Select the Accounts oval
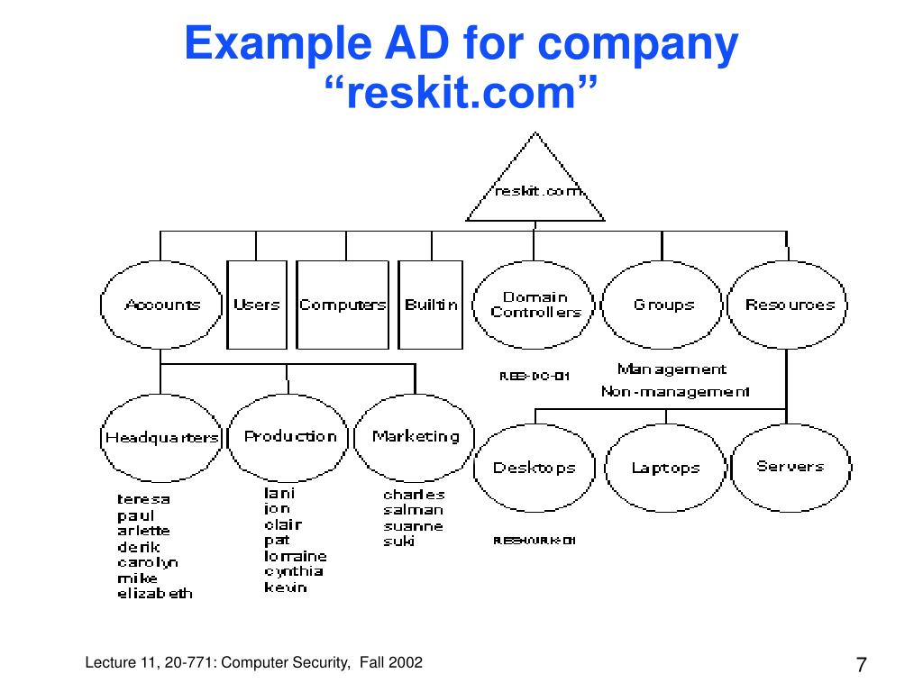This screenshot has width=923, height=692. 162,305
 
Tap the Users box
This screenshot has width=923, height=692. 257,305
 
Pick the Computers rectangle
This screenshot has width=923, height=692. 343,305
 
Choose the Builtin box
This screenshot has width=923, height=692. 431,305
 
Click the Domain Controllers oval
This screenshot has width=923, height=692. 535,305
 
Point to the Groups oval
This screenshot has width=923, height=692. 663,305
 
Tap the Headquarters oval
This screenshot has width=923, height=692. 162,438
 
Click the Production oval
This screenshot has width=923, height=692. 290,437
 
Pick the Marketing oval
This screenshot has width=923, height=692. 416,437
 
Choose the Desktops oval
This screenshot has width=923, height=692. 534,468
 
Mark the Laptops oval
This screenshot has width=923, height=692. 665,468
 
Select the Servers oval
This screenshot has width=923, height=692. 790,467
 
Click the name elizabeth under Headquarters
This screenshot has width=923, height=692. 155,594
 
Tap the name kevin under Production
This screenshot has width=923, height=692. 286,587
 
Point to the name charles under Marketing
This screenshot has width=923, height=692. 414,495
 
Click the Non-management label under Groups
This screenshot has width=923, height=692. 675,392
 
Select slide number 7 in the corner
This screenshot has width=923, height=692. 861,666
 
